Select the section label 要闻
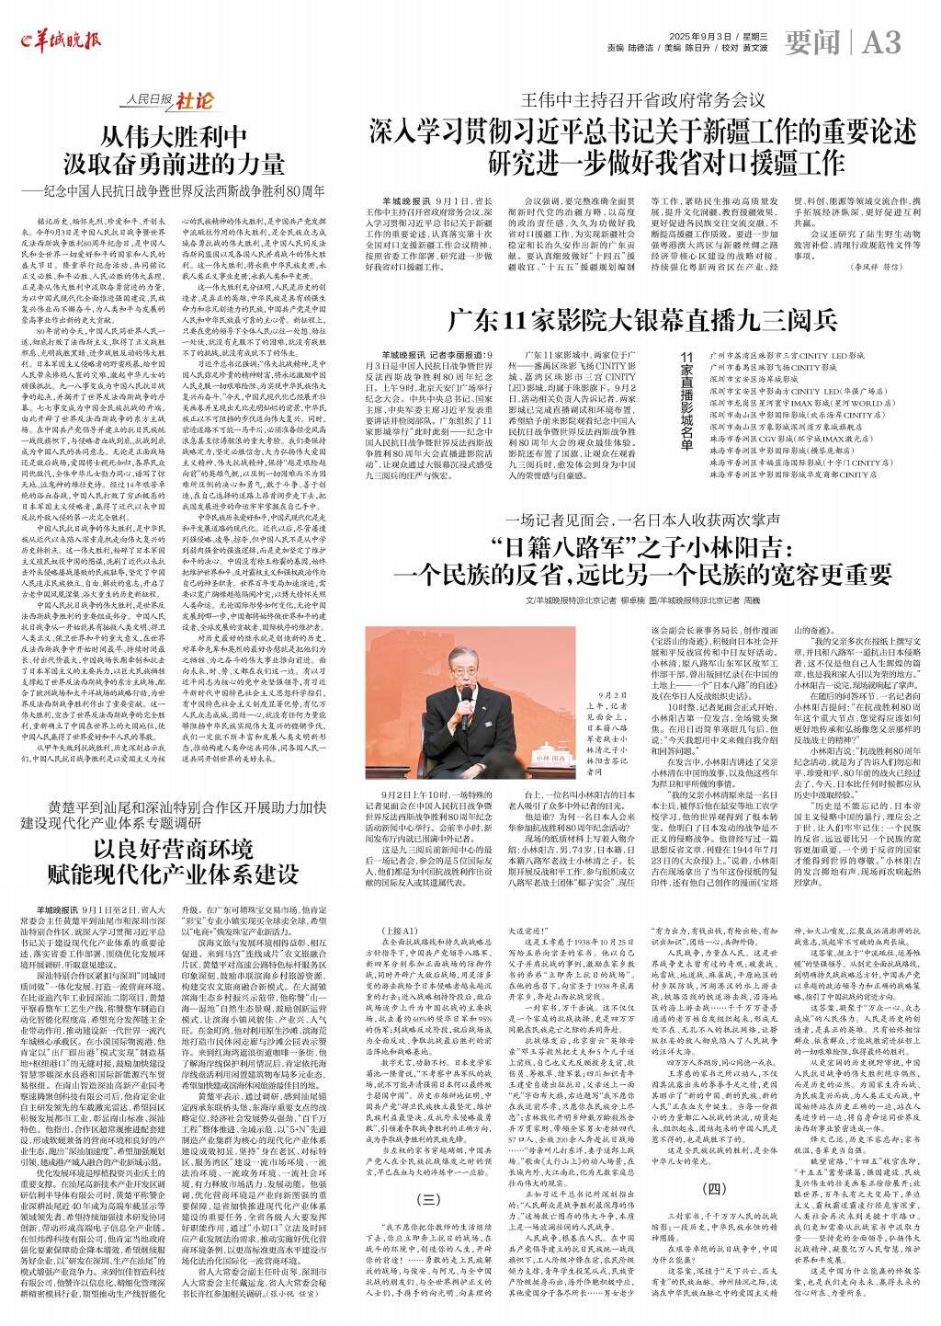point(812,41)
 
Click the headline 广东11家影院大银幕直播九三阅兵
point(642,321)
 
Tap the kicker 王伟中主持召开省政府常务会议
point(642,98)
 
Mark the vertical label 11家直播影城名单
point(686,400)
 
